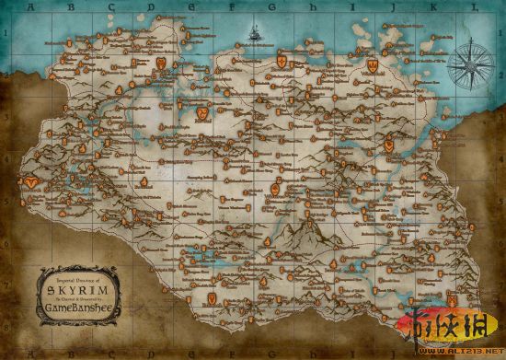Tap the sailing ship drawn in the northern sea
[250, 38]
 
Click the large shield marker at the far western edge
[32, 182]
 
